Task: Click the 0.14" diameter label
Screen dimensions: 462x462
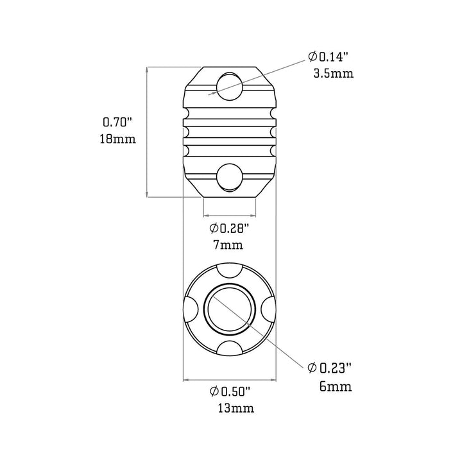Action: [x=329, y=56]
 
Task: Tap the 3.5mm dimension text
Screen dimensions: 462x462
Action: [x=334, y=73]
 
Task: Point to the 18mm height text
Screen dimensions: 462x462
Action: [x=118, y=139]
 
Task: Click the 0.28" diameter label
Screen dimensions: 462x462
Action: [x=229, y=228]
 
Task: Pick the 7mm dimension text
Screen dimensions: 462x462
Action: [x=228, y=245]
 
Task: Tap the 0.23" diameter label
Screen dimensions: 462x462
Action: [x=329, y=368]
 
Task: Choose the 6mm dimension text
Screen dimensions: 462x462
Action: [x=336, y=386]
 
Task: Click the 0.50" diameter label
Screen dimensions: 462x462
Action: [x=230, y=391]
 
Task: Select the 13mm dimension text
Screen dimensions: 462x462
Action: [x=236, y=408]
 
